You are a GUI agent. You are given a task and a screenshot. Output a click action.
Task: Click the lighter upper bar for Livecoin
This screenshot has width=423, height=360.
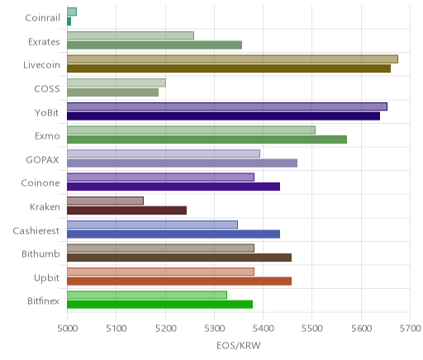pyautogui.click(x=232, y=59)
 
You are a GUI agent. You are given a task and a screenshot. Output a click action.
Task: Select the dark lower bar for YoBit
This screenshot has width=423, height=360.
pyautogui.click(x=223, y=116)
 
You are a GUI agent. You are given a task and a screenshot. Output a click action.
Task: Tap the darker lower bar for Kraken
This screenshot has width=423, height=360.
pyautogui.click(x=126, y=211)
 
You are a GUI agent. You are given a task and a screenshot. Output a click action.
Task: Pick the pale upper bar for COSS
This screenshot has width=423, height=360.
pyautogui.click(x=116, y=83)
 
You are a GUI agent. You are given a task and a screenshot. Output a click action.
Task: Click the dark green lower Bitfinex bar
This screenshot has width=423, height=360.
pyautogui.click(x=159, y=305)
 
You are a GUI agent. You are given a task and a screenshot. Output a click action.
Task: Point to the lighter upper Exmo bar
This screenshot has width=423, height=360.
pyautogui.click(x=191, y=130)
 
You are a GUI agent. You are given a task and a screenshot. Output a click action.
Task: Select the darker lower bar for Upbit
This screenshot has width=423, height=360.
pyautogui.click(x=179, y=281)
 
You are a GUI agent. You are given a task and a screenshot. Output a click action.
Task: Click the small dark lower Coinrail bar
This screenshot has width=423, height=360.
pyautogui.click(x=69, y=21)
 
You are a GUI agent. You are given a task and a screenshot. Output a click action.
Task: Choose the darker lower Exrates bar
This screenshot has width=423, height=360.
pyautogui.click(x=154, y=45)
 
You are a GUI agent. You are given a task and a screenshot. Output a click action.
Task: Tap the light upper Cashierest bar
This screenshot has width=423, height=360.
pyautogui.click(x=152, y=225)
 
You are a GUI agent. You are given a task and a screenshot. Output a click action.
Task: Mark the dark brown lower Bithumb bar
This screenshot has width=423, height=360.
pyautogui.click(x=179, y=258)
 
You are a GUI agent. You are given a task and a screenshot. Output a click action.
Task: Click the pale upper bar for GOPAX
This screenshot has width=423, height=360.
pyautogui.click(x=164, y=154)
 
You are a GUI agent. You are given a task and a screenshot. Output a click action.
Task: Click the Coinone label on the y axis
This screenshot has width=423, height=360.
pyautogui.click(x=40, y=183)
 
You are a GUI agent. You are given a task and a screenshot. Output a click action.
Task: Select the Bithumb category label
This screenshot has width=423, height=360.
pyautogui.click(x=40, y=253)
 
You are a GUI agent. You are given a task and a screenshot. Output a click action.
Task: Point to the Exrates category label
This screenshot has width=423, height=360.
pyautogui.click(x=44, y=41)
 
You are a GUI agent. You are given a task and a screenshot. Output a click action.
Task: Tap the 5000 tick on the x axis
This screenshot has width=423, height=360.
pyautogui.click(x=67, y=329)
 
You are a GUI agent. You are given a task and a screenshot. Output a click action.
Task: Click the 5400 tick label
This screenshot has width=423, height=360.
pyautogui.click(x=263, y=329)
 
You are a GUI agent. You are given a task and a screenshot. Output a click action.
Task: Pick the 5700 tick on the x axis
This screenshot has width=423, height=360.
pyautogui.click(x=411, y=329)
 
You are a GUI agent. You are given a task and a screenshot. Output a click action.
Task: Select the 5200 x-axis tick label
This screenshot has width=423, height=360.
pyautogui.click(x=165, y=329)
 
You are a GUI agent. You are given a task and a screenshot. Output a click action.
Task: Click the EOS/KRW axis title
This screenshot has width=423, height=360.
pyautogui.click(x=239, y=345)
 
